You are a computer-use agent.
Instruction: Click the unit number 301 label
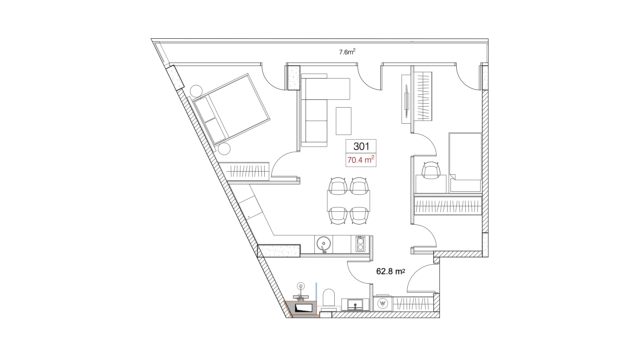(361, 146)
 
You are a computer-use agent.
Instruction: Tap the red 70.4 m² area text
(361, 160)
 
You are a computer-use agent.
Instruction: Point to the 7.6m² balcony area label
(347, 52)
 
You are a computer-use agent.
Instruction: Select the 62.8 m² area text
(390, 272)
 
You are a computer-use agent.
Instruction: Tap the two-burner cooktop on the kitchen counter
(360, 244)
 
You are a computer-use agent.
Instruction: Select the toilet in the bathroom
(329, 297)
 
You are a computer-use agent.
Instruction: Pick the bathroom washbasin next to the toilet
(356, 304)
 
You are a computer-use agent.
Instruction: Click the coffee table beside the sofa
(344, 121)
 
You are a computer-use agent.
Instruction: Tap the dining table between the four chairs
(349, 201)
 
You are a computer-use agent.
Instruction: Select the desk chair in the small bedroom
(431, 170)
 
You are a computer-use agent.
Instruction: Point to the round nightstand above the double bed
(196, 90)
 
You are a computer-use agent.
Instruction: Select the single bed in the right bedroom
(465, 162)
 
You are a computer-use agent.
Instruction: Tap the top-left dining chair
(338, 186)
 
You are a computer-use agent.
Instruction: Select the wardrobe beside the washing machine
(413, 303)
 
